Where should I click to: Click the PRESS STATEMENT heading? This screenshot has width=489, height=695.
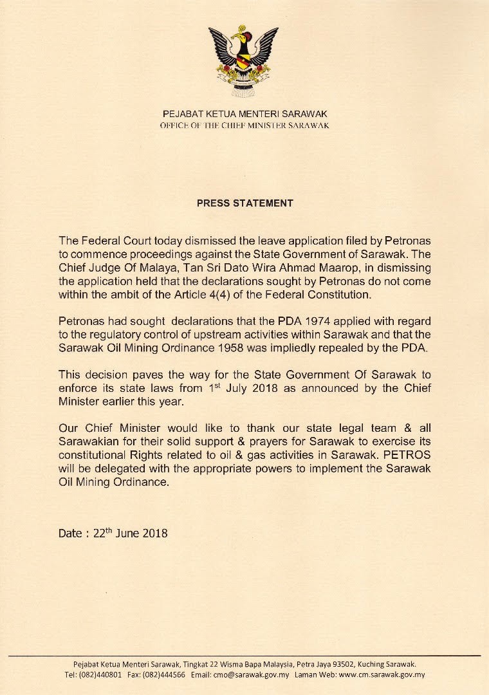244,203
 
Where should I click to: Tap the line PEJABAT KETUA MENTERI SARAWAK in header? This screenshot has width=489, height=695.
244,113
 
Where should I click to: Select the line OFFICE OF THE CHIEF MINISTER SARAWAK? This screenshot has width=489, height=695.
244,125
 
